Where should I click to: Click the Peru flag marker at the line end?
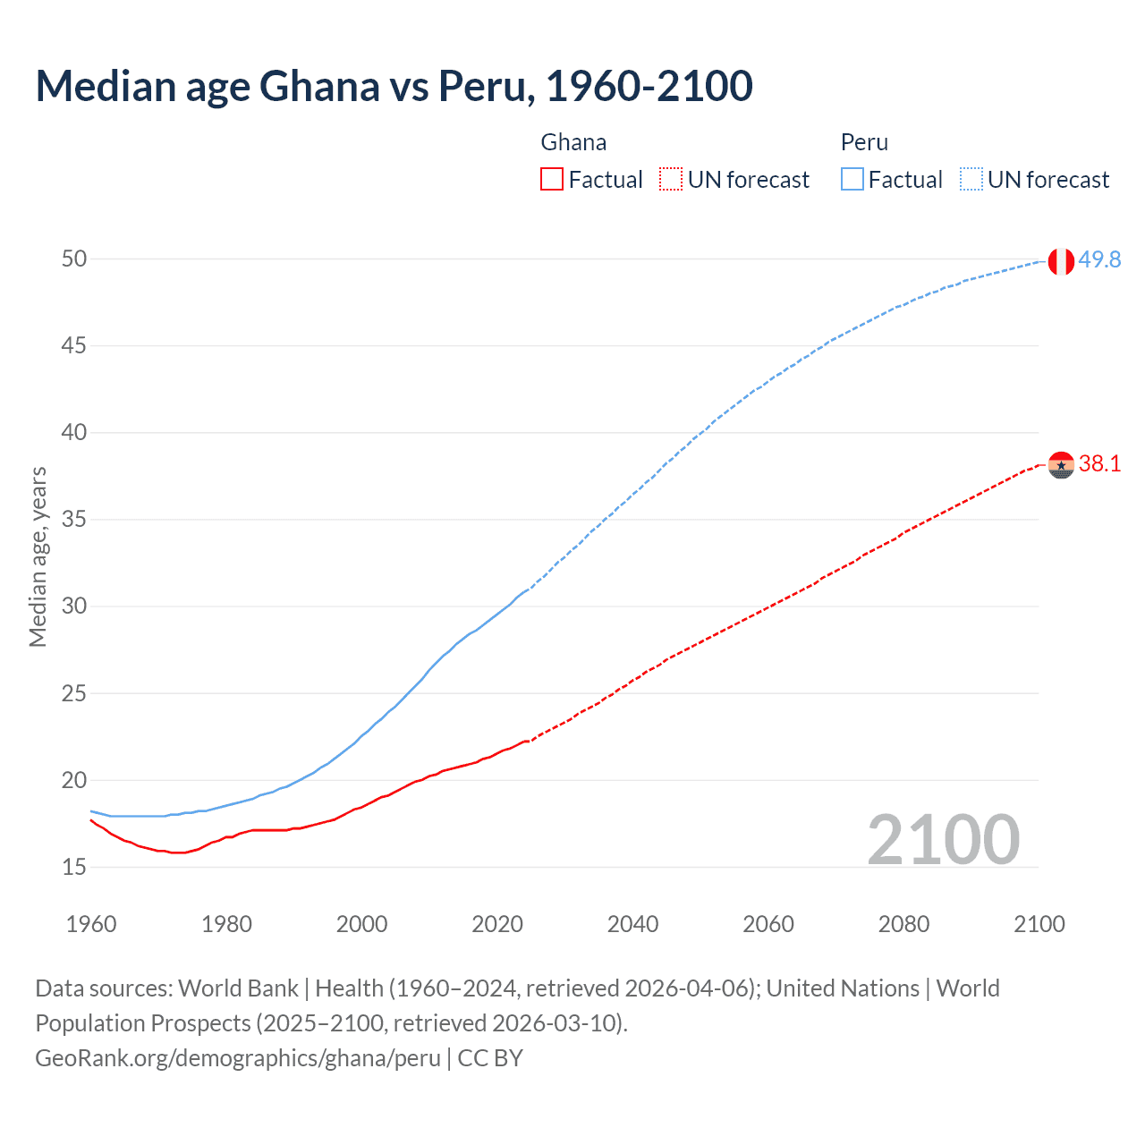tap(1061, 261)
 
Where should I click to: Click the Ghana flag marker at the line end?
tap(1061, 465)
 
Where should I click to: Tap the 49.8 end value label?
tap(1099, 259)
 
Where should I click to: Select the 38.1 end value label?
tap(1099, 463)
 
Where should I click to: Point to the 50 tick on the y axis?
tap(74, 259)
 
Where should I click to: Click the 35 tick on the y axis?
tap(74, 520)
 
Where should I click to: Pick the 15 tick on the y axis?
tap(74, 867)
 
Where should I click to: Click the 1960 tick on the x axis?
tap(91, 924)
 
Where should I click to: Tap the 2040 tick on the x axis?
tap(632, 924)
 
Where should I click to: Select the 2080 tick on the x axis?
tap(903, 924)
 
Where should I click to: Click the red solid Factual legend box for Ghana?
tap(552, 180)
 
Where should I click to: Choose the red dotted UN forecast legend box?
tap(671, 180)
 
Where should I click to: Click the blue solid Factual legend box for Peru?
tap(852, 180)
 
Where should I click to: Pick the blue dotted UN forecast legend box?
tap(971, 180)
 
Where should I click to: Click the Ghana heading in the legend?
tap(573, 142)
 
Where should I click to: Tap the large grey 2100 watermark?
tap(943, 839)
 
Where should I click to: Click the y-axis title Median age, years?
tap(38, 556)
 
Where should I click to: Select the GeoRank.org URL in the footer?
tap(237, 1058)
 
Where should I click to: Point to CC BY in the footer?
tap(490, 1058)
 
